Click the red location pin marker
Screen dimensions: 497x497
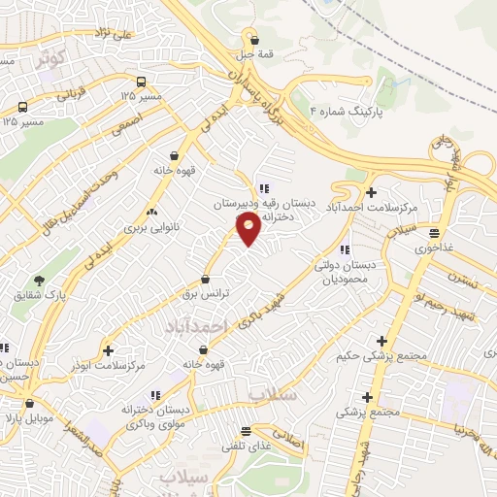248,228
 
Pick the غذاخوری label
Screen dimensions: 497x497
434,248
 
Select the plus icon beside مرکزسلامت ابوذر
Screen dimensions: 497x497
108,349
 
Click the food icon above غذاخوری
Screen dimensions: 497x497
434,233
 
